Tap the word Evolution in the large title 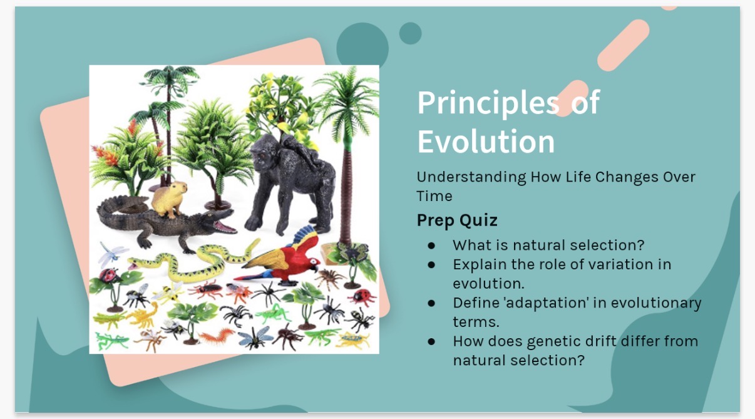[486, 142]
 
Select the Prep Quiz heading [457, 220]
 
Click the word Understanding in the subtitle [471, 177]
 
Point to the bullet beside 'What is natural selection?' [431, 245]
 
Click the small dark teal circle [411, 33]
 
